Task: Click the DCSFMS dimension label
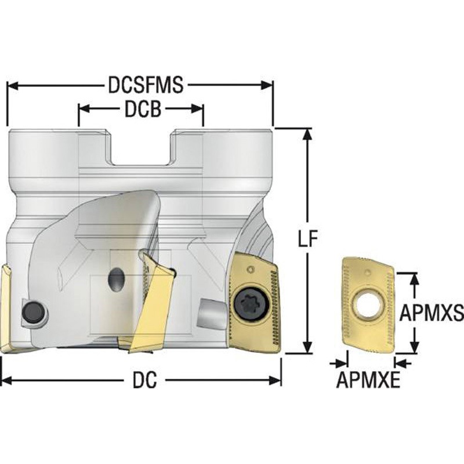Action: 146,85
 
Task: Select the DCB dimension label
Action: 143,109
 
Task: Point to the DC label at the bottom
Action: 144,380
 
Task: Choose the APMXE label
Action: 368,380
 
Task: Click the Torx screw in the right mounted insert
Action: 248,303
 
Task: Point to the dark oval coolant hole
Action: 117,280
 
